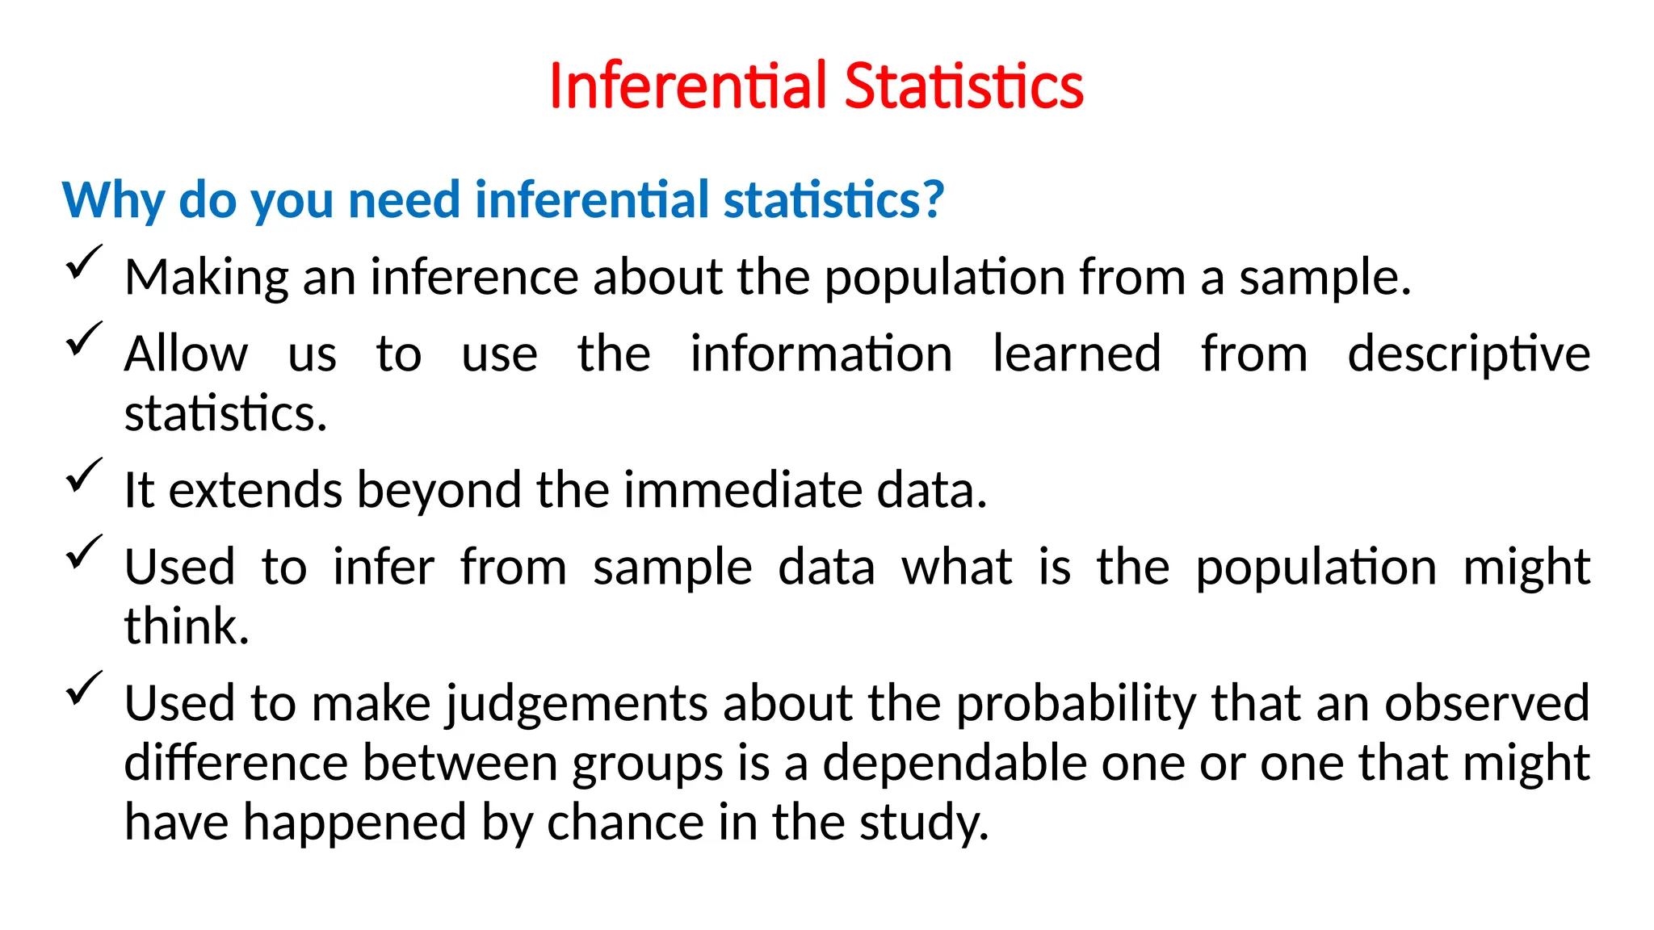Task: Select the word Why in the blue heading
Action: pyautogui.click(x=113, y=200)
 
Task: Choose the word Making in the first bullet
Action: pyautogui.click(x=206, y=278)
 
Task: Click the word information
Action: pyautogui.click(x=821, y=354)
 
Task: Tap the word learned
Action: pyautogui.click(x=1077, y=354)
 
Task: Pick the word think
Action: pyautogui.click(x=187, y=626)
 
